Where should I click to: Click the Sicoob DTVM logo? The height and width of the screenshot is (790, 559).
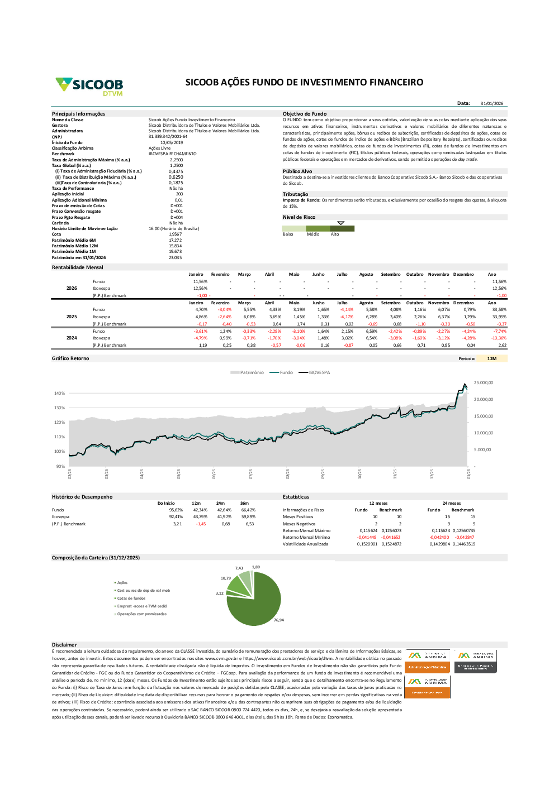(89, 86)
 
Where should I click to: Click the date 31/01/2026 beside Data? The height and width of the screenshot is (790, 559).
(492, 103)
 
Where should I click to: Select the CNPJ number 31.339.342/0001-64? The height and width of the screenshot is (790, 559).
(168, 137)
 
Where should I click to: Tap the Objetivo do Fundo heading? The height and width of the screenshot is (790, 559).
(305, 114)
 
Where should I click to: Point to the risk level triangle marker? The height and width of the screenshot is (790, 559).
(341, 223)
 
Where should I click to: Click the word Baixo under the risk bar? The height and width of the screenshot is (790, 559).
(288, 234)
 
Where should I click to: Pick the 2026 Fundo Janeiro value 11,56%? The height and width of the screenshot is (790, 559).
(200, 282)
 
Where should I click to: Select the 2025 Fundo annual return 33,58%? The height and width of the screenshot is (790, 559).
(499, 309)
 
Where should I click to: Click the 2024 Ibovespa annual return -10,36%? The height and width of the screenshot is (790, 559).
(499, 338)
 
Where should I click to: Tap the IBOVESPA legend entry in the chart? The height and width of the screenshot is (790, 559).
(319, 372)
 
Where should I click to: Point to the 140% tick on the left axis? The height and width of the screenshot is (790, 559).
(59, 393)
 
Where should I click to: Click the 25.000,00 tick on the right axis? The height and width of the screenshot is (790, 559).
(484, 382)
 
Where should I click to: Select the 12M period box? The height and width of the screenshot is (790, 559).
(492, 358)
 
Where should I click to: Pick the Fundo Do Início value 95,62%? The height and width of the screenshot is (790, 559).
(176, 510)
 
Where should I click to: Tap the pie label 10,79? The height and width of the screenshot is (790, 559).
(226, 578)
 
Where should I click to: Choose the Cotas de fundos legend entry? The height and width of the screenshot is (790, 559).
(131, 599)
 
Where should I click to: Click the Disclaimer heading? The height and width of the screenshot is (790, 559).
(64, 645)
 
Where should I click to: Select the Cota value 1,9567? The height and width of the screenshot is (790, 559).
(176, 234)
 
